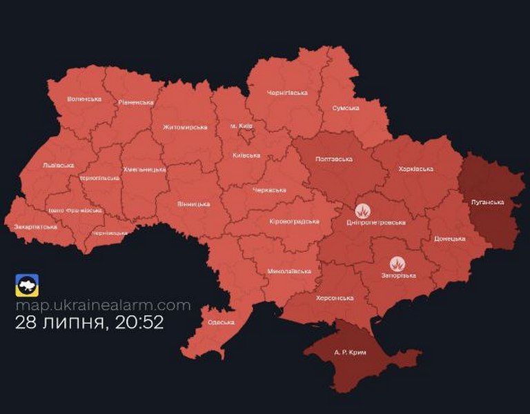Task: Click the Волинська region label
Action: tap(84, 99)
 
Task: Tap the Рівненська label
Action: tap(135, 102)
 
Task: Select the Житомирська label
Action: tap(185, 127)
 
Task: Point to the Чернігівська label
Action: tap(287, 92)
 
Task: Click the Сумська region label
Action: tap(345, 108)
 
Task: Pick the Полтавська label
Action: tap(333, 159)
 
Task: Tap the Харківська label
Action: tap(416, 168)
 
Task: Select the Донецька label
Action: tap(450, 239)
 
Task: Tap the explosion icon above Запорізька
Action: tap(397, 264)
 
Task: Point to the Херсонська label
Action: tap(336, 298)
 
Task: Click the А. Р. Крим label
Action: tap(350, 352)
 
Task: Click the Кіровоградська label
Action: tap(294, 221)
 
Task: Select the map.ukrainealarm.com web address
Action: tap(102, 305)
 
